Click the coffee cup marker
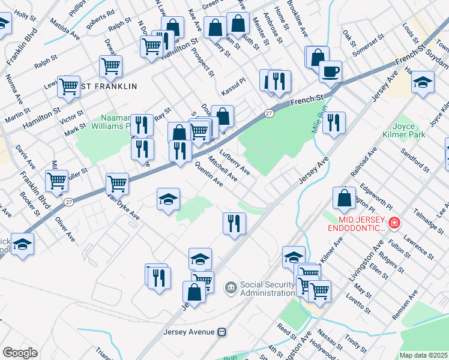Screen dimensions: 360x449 coord(330,73)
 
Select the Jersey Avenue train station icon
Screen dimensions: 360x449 coord(222,331)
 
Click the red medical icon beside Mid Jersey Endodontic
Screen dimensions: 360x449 coord(394,223)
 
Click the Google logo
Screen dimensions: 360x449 coord(20,353)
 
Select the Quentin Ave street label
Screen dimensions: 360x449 coord(208,175)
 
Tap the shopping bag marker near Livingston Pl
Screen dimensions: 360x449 coord(343,199)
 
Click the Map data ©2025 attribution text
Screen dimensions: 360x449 coord(424,355)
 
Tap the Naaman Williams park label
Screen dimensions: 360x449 coord(102,122)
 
